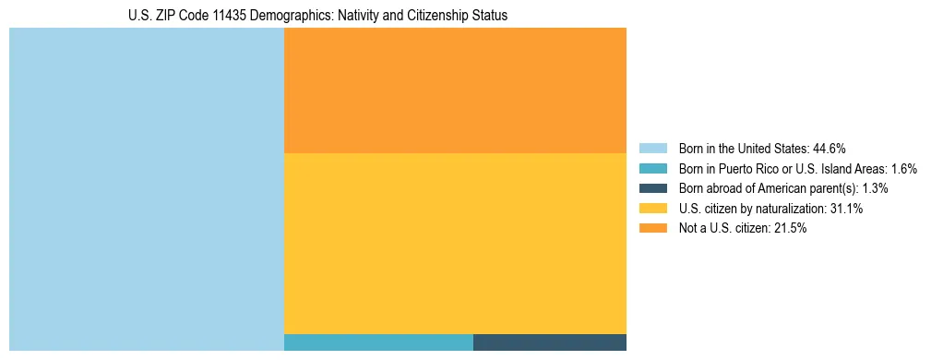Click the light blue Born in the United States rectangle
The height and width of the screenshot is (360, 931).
pos(146,189)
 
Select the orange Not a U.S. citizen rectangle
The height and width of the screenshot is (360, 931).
pos(455,90)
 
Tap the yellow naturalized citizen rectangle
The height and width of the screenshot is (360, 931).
pos(455,243)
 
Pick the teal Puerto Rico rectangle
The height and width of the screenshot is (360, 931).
pos(378,342)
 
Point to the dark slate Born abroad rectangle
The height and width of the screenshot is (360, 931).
pos(550,342)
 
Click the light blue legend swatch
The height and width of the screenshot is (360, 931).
pos(652,148)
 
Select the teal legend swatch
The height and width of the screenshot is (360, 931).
pos(652,168)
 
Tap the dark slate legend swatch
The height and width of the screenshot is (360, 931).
pos(652,188)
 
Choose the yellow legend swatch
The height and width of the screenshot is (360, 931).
pos(652,209)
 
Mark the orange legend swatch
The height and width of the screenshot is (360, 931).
pos(652,229)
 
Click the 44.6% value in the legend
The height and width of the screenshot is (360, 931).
pos(830,148)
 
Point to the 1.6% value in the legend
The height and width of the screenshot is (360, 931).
pos(904,168)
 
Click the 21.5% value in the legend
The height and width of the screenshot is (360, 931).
pos(790,229)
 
